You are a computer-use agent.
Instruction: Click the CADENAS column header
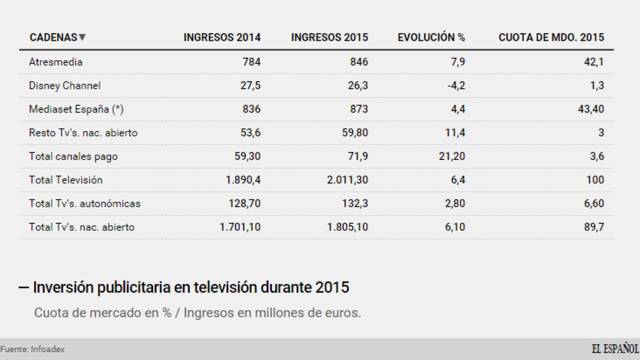click(53, 37)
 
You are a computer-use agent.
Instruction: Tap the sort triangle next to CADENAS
click(83, 37)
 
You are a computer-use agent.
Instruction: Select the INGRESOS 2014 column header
click(222, 37)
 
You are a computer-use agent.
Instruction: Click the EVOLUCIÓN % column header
click(431, 37)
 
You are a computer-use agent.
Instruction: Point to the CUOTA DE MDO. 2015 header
click(551, 37)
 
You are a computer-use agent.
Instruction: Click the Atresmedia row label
click(56, 62)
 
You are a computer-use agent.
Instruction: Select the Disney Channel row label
click(65, 85)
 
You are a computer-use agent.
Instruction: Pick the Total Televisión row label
click(66, 180)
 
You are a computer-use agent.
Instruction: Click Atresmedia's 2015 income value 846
click(359, 62)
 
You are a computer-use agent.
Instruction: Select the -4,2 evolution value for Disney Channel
click(456, 85)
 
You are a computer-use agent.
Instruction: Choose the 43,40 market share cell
click(591, 109)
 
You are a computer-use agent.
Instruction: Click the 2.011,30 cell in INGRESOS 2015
click(347, 180)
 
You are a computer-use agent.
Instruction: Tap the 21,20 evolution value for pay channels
click(452, 156)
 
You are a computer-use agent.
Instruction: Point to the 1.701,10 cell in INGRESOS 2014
click(240, 227)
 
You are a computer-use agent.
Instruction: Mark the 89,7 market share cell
click(594, 227)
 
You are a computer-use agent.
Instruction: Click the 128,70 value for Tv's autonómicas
click(244, 204)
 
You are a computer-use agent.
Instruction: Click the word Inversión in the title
click(63, 287)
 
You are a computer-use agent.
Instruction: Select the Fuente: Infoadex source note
click(33, 349)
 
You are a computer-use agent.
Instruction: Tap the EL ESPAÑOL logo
click(615, 349)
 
